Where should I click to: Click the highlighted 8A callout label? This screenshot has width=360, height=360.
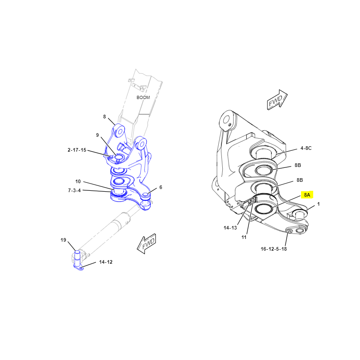click(x=307, y=195)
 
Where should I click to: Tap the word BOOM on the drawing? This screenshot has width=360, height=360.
click(x=143, y=97)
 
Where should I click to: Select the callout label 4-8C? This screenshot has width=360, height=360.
click(x=306, y=148)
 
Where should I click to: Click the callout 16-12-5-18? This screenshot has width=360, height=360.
click(x=274, y=249)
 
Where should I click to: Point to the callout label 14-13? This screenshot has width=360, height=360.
click(x=230, y=228)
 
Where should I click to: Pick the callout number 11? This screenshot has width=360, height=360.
click(x=244, y=237)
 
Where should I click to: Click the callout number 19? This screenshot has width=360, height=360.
click(x=63, y=240)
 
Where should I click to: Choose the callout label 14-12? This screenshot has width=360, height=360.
click(x=106, y=262)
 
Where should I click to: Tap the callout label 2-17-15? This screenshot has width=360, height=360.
click(x=77, y=150)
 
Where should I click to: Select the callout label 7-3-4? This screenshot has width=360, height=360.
click(x=74, y=190)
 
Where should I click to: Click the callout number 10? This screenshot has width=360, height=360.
click(x=78, y=181)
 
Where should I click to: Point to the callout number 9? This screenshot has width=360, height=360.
click(x=97, y=135)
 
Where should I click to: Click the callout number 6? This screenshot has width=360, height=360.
click(x=161, y=187)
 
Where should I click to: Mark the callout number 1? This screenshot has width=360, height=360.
click(x=319, y=204)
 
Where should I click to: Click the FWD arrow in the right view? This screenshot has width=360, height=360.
click(x=277, y=100)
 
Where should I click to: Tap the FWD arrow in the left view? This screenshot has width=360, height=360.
click(x=147, y=243)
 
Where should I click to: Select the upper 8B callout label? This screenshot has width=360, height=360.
click(x=298, y=165)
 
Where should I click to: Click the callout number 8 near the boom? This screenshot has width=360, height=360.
click(x=104, y=117)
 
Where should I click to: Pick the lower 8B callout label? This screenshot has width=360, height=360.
click(x=300, y=180)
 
